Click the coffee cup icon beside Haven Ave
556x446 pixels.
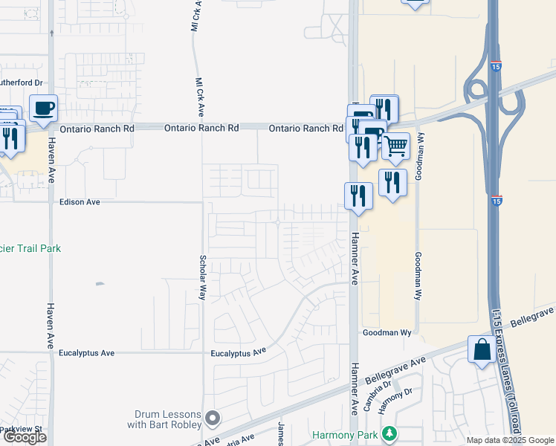pos(42,109)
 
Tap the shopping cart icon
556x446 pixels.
pos(395,146)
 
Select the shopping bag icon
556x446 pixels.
pos(482,349)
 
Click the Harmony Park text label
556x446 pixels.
pos(344,434)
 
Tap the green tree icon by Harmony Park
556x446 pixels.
pos(388,433)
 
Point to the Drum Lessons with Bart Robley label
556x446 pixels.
pos(168,419)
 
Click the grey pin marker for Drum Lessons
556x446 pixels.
pos(213,419)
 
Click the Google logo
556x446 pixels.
pos(25,437)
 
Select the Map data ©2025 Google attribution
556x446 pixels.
pos(510,440)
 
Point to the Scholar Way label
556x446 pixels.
pos(202,277)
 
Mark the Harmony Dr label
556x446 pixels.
pos(390,401)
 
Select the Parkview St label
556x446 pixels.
pos(22,429)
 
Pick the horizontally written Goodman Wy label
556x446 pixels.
pos(387,333)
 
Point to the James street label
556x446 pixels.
pos(281,434)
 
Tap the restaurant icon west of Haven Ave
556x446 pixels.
pos(10,139)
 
